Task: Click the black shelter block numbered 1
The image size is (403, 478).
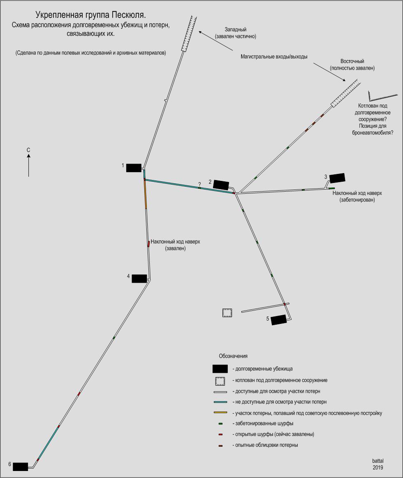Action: coord(134,168)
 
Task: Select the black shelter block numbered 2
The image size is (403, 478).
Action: coord(221,185)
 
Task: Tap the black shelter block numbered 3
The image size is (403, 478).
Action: coord(337,178)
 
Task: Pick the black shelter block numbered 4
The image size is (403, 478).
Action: coord(139,279)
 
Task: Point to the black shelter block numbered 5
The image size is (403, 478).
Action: coord(278,320)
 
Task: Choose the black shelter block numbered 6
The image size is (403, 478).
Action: coord(21,467)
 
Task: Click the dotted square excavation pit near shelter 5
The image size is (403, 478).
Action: coord(227,313)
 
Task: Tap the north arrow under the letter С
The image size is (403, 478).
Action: coord(29,165)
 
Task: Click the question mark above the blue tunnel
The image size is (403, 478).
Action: coord(199,184)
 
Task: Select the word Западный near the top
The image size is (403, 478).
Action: coord(235,30)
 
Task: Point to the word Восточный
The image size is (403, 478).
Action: coord(352,61)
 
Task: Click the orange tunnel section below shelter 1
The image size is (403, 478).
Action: coord(146,195)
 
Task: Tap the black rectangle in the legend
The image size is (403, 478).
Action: coord(220,369)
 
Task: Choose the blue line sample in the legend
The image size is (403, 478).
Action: coord(220,402)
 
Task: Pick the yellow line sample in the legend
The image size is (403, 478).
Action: coord(220,412)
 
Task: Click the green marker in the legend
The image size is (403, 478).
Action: coord(220,424)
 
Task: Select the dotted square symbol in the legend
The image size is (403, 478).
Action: coord(220,381)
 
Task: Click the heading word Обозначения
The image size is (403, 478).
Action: coord(233,356)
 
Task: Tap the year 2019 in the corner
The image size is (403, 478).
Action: coord(378,468)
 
